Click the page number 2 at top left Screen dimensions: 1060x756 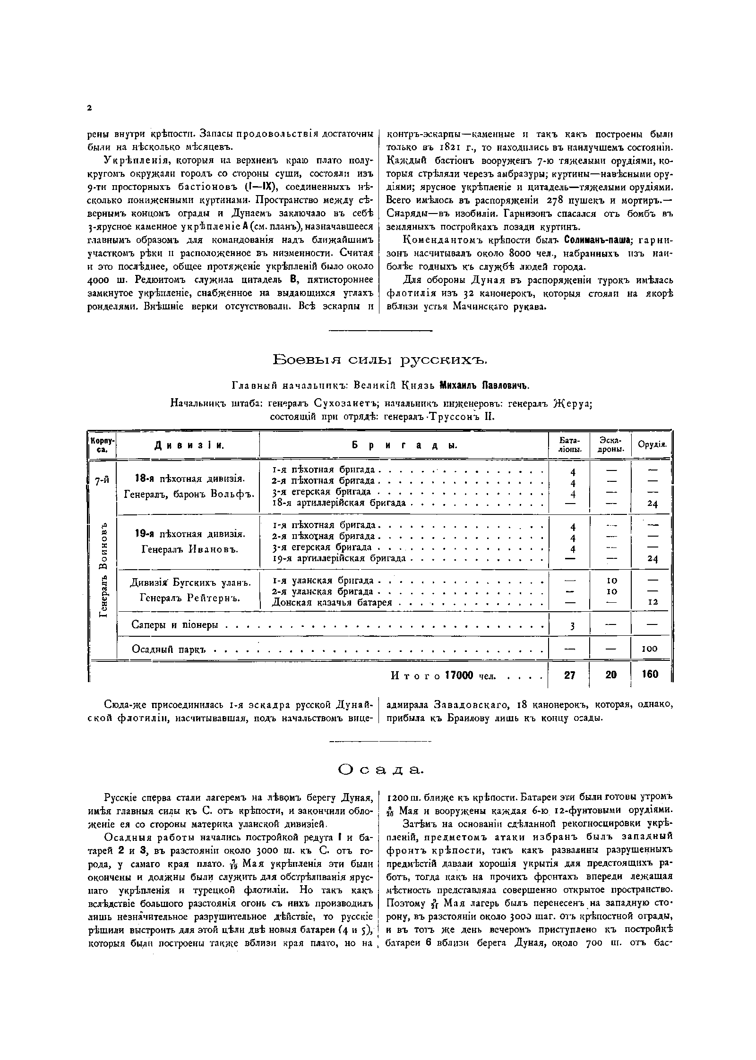[x=89, y=108]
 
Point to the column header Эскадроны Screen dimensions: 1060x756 [x=610, y=445]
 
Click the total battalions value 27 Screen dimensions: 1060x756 [x=570, y=675]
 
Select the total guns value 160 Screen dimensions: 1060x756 [x=650, y=675]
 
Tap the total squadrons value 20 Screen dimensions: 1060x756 [x=611, y=675]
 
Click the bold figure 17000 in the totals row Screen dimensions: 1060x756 [x=459, y=675]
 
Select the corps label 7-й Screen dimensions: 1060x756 [x=102, y=481]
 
